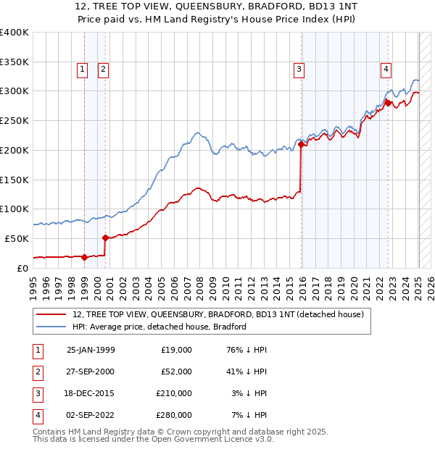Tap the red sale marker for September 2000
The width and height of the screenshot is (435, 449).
coord(105,237)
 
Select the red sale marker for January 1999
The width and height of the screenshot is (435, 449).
coord(84,256)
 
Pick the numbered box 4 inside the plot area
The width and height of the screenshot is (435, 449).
coord(386,70)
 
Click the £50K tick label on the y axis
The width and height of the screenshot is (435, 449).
coord(17,238)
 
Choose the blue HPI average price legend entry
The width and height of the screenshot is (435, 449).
coord(159,327)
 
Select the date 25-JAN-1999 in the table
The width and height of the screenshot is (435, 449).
coord(91,350)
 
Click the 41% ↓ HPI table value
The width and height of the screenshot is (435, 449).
coord(246,372)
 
